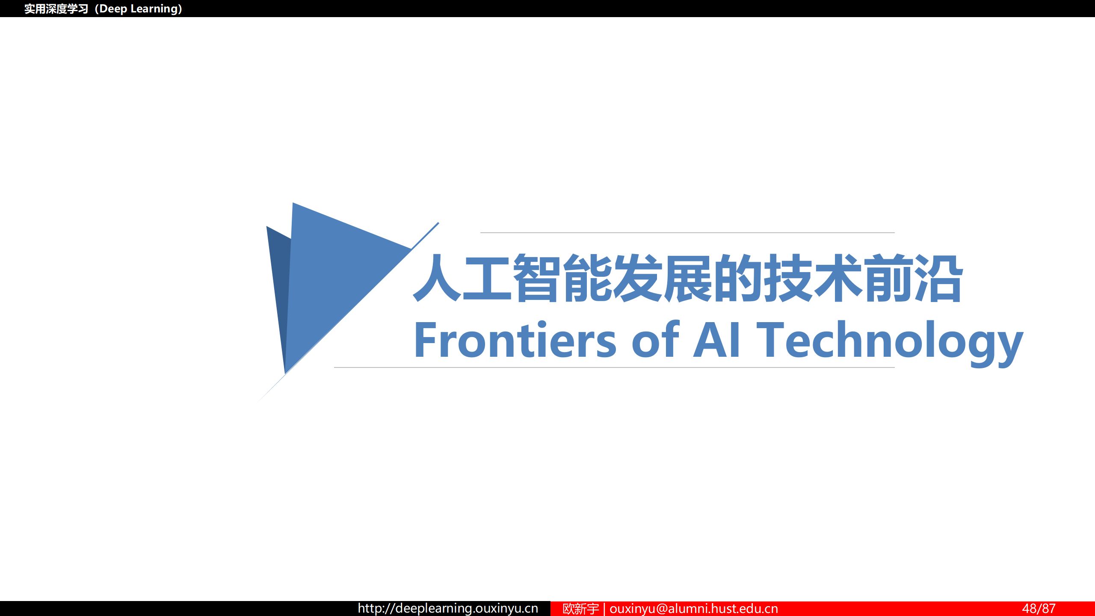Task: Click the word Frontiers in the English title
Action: pyautogui.click(x=515, y=340)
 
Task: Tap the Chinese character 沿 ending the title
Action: pyautogui.click(x=939, y=278)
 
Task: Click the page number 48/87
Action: pyautogui.click(x=1039, y=608)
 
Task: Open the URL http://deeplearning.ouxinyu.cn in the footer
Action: pyautogui.click(x=448, y=608)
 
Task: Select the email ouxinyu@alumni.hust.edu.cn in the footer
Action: pyautogui.click(x=694, y=608)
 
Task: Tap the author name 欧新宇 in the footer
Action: pyautogui.click(x=580, y=608)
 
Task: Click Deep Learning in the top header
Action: pyautogui.click(x=138, y=9)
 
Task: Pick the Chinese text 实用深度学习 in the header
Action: pyautogui.click(x=56, y=9)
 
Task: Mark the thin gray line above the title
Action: pyautogui.click(x=687, y=233)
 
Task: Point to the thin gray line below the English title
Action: pyautogui.click(x=614, y=367)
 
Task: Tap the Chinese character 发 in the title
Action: pyautogui.click(x=638, y=278)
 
